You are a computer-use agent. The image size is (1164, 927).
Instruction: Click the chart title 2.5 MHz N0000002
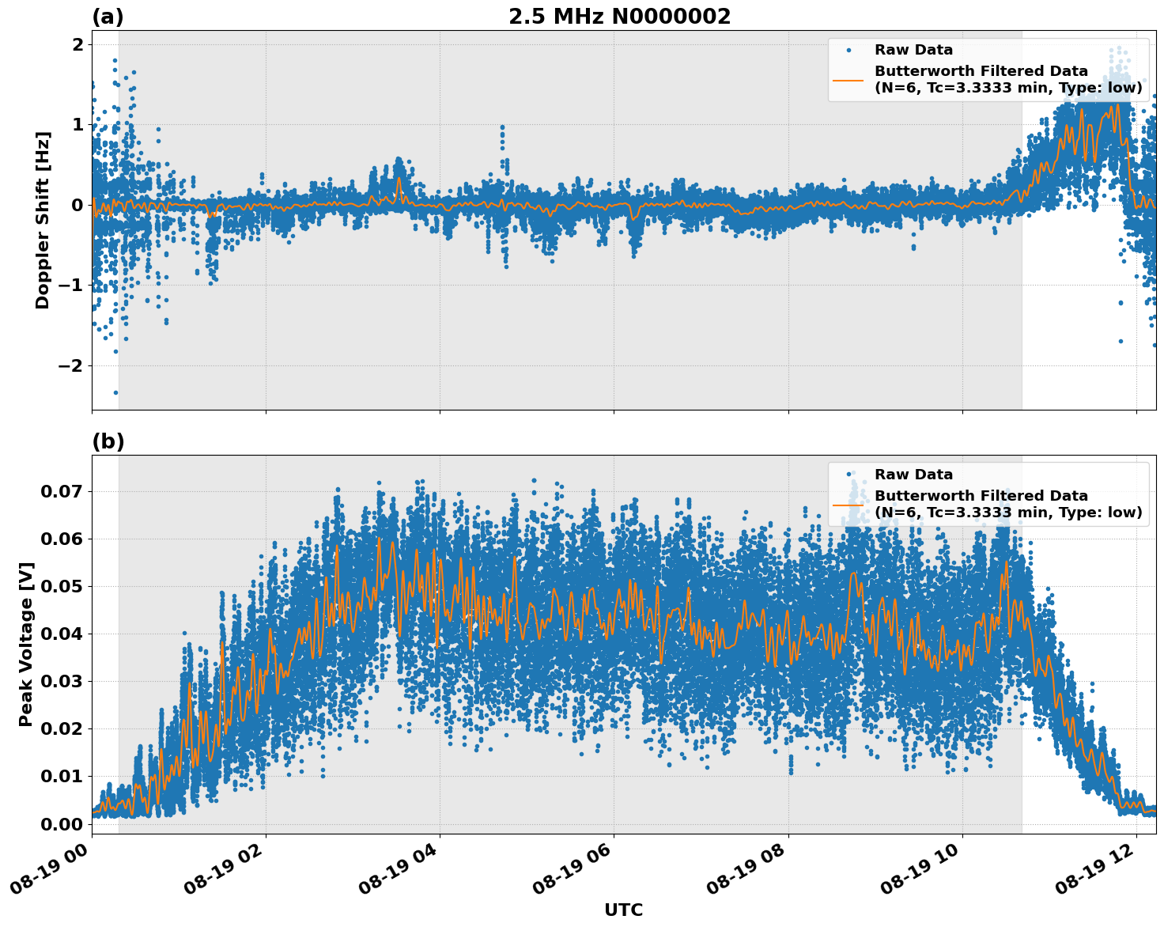[x=619, y=17]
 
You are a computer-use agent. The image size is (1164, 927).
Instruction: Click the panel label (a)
[x=108, y=17]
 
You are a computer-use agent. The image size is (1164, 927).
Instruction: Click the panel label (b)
[x=108, y=441]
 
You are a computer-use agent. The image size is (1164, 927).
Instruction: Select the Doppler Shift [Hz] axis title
[x=43, y=220]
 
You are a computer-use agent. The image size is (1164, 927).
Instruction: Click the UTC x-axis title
[x=623, y=910]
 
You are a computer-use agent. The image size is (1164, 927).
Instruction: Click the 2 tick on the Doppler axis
[x=77, y=44]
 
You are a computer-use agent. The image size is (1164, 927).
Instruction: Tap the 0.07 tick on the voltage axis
[x=62, y=491]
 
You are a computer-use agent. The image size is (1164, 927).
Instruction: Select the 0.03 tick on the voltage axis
[x=62, y=681]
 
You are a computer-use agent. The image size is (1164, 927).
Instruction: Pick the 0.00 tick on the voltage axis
[x=62, y=823]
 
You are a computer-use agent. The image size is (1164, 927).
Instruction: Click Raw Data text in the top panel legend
[x=913, y=50]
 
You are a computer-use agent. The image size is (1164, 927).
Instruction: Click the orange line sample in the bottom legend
[x=848, y=505]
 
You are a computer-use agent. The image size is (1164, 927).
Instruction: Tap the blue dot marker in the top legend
[x=848, y=50]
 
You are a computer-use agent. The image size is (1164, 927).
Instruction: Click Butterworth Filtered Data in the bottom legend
[x=981, y=496]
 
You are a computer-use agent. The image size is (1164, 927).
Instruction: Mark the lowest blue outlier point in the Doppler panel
[x=115, y=392]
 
